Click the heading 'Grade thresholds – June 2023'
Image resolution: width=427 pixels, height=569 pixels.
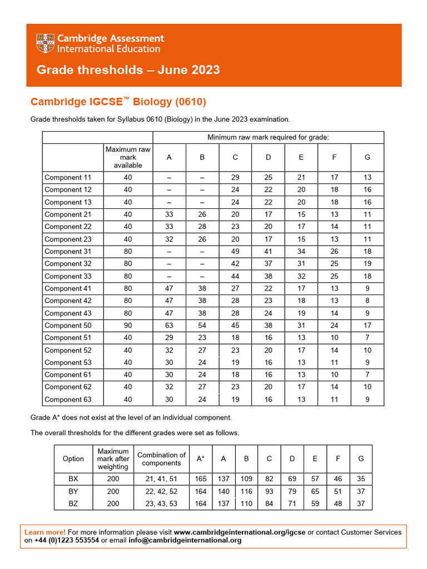(x=128, y=70)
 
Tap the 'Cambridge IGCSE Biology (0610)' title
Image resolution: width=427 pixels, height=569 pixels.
(x=118, y=102)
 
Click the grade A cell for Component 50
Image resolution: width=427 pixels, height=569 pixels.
(x=169, y=326)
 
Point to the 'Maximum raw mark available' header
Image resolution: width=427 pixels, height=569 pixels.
(x=128, y=157)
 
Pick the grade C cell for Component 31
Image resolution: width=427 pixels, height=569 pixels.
(x=235, y=251)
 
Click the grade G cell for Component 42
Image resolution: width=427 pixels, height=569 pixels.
(x=367, y=301)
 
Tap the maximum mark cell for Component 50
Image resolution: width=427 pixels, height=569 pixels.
(x=128, y=326)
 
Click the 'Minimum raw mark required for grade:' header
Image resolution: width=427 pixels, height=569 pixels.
(x=268, y=137)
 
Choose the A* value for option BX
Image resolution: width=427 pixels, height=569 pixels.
(x=201, y=479)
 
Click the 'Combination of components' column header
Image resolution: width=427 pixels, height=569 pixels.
(x=161, y=459)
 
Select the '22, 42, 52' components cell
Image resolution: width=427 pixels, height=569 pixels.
(x=161, y=491)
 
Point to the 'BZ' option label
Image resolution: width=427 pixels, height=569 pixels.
(x=73, y=503)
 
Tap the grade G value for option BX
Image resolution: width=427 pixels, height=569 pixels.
(x=361, y=479)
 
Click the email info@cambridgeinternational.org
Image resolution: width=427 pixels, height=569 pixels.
(x=193, y=540)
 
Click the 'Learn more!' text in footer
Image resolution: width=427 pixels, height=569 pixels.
(x=45, y=532)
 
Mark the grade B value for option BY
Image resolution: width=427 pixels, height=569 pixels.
(x=246, y=491)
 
